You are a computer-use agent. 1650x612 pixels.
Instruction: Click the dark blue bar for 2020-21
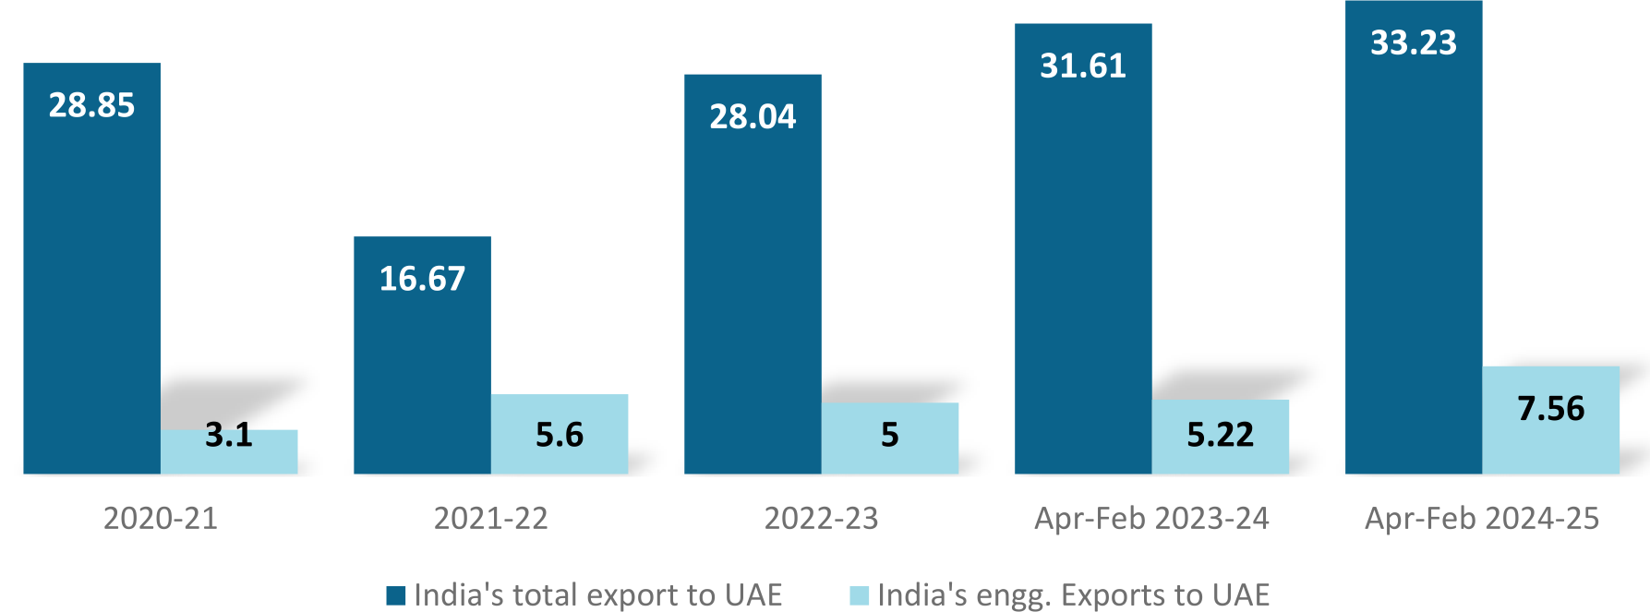(91, 277)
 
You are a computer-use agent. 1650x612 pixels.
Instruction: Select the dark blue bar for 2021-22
(422, 369)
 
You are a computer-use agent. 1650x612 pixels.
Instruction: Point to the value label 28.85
(91, 105)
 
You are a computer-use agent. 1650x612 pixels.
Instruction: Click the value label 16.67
(422, 279)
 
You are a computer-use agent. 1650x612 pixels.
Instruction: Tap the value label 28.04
(753, 116)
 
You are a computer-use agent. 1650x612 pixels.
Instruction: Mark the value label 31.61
(1083, 66)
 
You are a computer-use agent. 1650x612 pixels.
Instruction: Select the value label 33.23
(1414, 42)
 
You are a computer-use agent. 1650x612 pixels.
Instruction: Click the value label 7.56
(1551, 408)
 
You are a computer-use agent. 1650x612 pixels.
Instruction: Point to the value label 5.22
(1221, 434)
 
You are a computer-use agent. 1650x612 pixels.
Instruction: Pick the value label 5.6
(560, 434)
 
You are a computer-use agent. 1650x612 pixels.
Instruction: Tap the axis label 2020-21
(161, 518)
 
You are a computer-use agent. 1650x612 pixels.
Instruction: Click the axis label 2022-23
(822, 518)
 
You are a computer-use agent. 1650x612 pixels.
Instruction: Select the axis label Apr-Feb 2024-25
(1482, 518)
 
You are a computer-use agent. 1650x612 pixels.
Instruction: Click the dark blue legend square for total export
(396, 595)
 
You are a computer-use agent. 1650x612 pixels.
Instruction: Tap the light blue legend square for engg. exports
(860, 595)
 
